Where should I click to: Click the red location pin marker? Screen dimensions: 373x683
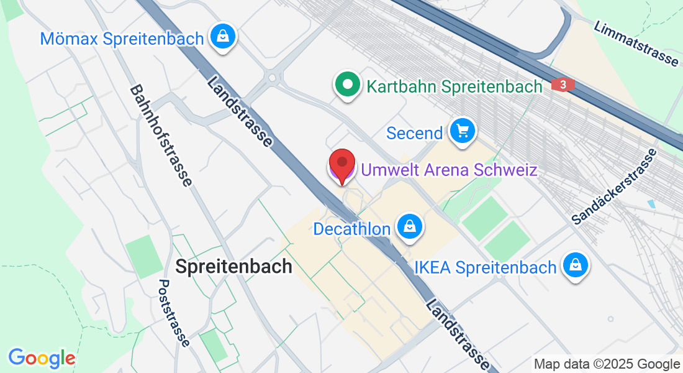[x=341, y=163]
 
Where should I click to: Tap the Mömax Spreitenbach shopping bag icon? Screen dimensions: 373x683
[x=222, y=37]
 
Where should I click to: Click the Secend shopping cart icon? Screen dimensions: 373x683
[x=462, y=131]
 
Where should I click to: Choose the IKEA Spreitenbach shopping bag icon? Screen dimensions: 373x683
[x=576, y=266]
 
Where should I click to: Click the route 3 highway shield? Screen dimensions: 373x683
[x=563, y=85]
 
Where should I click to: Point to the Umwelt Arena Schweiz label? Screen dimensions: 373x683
[x=449, y=169]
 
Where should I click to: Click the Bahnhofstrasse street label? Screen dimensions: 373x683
[x=161, y=136]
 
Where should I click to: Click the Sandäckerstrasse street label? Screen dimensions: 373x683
[x=614, y=186]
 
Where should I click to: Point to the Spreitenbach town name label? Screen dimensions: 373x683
[x=233, y=267]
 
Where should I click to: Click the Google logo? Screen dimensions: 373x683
[x=42, y=358]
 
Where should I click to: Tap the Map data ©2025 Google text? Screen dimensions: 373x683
[x=607, y=364]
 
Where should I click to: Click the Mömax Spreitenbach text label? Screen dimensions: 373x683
[x=122, y=39]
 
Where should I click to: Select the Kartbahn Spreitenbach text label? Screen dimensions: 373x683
[x=455, y=86]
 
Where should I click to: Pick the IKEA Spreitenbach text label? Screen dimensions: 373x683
[x=485, y=268]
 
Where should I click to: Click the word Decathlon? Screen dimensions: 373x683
[x=352, y=229]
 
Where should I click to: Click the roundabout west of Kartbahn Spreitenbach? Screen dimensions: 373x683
[x=272, y=78]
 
